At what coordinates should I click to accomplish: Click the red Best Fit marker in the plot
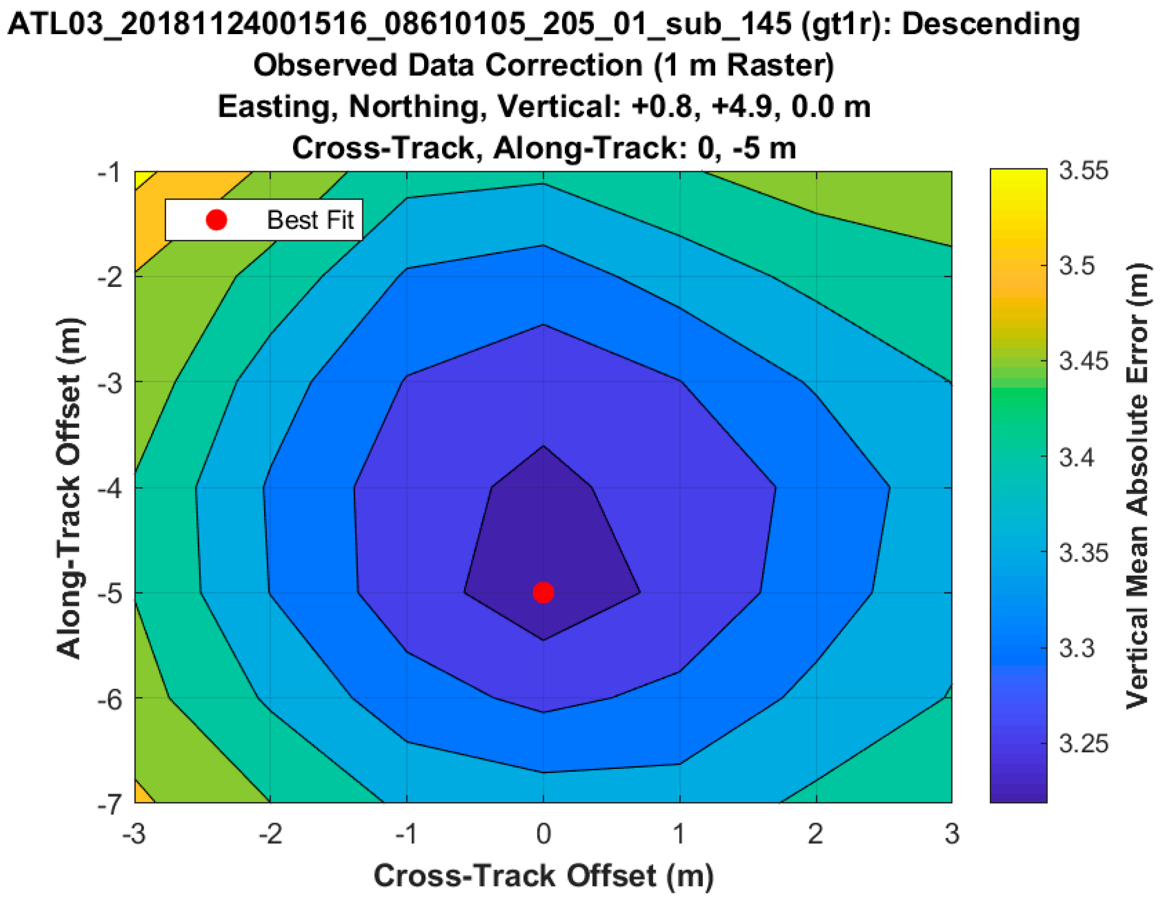coord(543,592)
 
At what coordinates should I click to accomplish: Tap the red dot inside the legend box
coord(216,220)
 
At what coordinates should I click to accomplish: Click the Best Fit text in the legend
coord(310,220)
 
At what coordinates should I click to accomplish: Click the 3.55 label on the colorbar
coord(1083,171)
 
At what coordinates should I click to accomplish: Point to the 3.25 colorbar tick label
coord(1083,743)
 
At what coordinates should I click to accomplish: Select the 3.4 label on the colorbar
coord(1077,457)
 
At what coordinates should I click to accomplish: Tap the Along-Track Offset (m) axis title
coord(69,488)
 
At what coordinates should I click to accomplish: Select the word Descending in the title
coord(991,24)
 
